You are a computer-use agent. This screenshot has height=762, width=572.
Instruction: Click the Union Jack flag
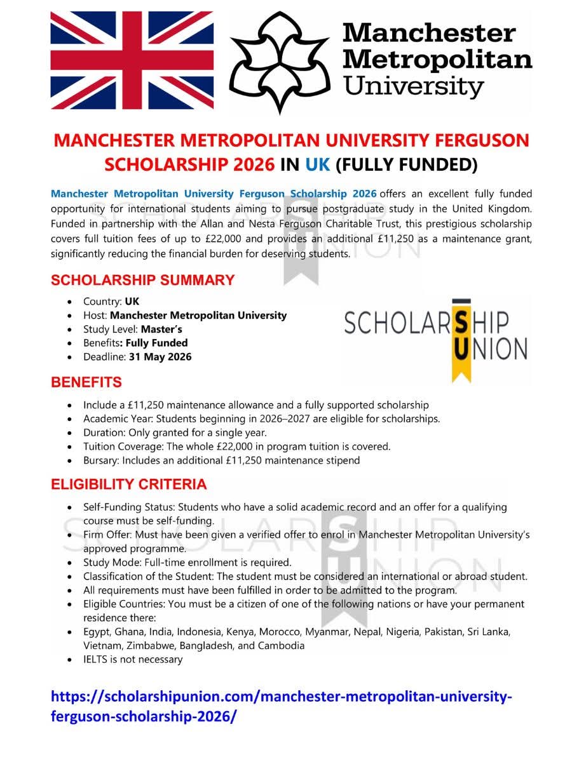(x=132, y=61)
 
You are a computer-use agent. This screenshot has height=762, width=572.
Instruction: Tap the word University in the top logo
(x=414, y=85)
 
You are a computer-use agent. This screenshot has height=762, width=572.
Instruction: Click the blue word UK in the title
(x=317, y=164)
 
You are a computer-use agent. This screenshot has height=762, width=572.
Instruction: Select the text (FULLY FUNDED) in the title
(x=406, y=164)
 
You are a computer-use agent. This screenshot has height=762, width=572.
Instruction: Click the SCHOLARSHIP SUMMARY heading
(x=143, y=280)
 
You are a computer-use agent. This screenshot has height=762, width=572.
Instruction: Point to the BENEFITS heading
(x=86, y=382)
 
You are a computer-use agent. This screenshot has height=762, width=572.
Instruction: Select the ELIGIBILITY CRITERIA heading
(x=129, y=485)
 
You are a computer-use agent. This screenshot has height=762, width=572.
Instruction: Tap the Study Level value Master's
(x=161, y=329)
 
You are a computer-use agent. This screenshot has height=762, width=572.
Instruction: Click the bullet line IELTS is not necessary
(x=133, y=659)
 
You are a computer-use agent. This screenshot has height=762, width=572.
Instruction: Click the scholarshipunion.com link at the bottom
(x=280, y=705)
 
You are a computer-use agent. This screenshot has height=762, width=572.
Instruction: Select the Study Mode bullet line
(x=187, y=563)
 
